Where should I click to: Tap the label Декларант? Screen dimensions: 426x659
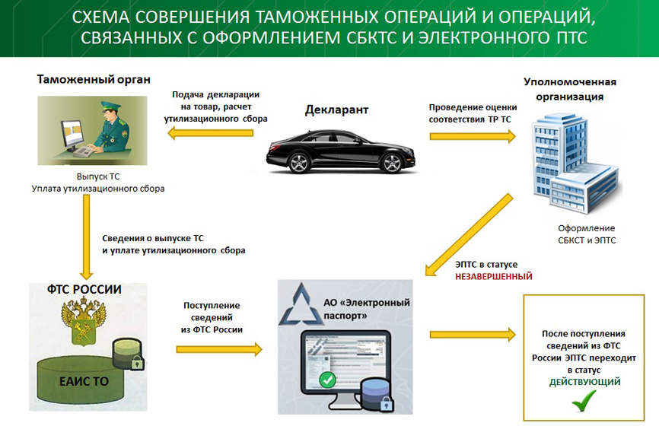tap(336, 110)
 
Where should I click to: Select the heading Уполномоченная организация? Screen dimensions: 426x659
tap(569, 89)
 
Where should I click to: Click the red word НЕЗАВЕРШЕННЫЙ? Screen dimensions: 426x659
tap(493, 277)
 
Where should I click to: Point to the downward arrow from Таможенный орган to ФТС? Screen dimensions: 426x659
tap(85, 237)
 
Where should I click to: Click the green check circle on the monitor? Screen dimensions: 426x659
tap(327, 379)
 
